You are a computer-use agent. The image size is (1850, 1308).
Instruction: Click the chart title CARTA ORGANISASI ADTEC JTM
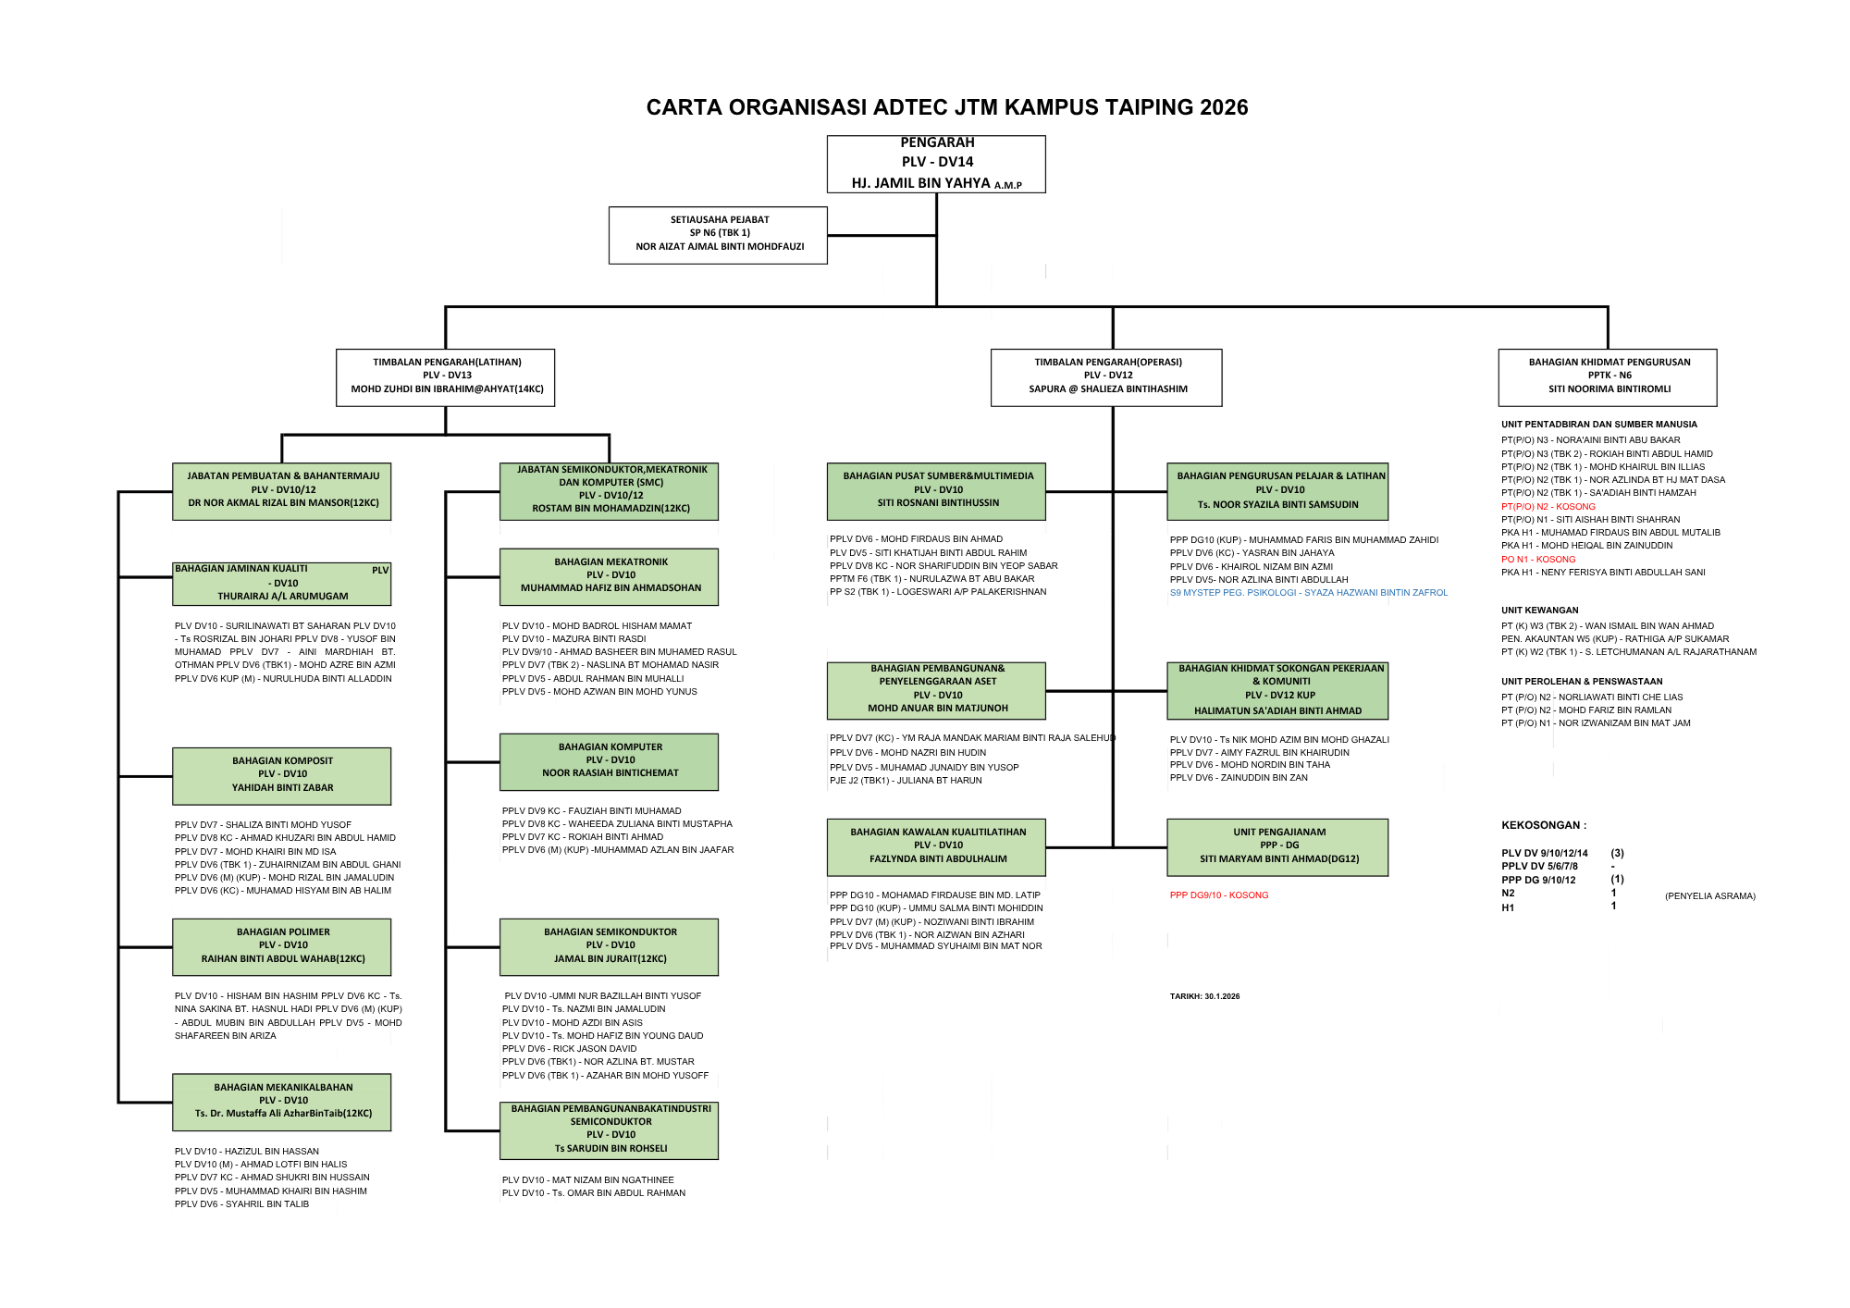[946, 107]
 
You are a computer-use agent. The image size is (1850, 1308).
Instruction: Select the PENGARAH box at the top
[936, 164]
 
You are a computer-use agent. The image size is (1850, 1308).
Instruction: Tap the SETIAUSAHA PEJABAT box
[718, 235]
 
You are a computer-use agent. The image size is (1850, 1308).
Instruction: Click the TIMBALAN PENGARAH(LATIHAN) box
[446, 376]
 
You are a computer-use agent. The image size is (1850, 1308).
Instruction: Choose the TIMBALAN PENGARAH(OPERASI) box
[1106, 376]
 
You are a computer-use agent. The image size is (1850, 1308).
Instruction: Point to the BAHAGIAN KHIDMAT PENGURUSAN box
[1608, 376]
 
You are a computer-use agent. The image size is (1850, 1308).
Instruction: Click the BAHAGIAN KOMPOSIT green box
[282, 775]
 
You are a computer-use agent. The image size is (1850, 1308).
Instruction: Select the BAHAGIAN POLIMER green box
[282, 946]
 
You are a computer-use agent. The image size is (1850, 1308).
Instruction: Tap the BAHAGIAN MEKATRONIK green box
[610, 576]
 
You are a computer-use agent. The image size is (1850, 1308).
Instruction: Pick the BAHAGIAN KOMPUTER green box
[610, 761]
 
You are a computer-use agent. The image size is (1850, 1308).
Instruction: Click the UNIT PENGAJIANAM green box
[1277, 846]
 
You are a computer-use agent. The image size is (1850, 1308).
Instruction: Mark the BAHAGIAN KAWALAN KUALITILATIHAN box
[937, 846]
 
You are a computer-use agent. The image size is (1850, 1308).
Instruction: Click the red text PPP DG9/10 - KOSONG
[1219, 895]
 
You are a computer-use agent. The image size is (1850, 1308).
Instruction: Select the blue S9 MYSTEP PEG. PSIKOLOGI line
[1308, 593]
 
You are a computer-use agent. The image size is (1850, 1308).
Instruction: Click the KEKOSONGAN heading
[1543, 825]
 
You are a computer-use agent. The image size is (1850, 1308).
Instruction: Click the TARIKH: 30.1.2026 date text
[1204, 997]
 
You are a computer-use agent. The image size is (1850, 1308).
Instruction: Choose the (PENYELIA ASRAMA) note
[1709, 896]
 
